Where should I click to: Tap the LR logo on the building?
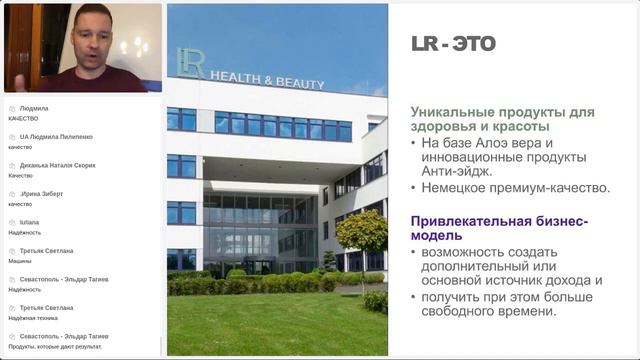pyautogui.click(x=191, y=63)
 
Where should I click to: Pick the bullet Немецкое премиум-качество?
pyautogui.click(x=516, y=188)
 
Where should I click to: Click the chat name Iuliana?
pyautogui.click(x=29, y=222)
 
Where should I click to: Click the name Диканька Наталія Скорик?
pyautogui.click(x=57, y=165)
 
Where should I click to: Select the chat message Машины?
pyautogui.click(x=22, y=261)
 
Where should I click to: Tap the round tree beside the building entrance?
pyautogui.click(x=361, y=233)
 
